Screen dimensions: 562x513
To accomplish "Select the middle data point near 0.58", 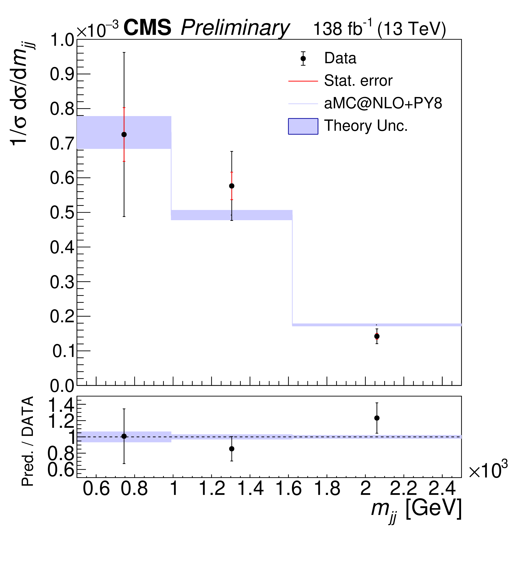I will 232,186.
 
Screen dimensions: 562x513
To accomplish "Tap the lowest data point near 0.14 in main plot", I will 377,336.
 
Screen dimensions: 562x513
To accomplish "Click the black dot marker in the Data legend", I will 303,58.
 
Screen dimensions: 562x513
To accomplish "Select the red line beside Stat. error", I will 303,81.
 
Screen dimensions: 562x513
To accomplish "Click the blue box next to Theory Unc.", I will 303,126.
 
